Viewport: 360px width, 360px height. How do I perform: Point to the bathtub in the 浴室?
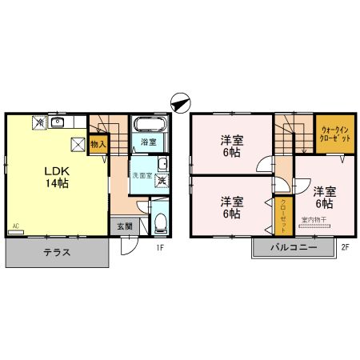(148, 125)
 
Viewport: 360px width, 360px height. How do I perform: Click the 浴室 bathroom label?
(148, 142)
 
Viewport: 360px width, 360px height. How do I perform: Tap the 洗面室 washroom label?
(142, 174)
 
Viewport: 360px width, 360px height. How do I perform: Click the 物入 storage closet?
(98, 145)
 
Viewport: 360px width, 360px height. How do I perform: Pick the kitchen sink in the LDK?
(57, 122)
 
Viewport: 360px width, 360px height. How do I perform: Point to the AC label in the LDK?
(15, 227)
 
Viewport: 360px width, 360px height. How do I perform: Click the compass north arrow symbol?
(180, 102)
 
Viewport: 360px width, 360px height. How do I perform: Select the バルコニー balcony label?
(293, 249)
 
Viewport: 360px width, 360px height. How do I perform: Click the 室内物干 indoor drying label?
(314, 218)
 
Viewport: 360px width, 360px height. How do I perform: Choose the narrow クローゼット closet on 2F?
(283, 214)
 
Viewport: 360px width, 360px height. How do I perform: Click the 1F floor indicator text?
(159, 247)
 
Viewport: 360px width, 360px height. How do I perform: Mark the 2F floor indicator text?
(345, 247)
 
